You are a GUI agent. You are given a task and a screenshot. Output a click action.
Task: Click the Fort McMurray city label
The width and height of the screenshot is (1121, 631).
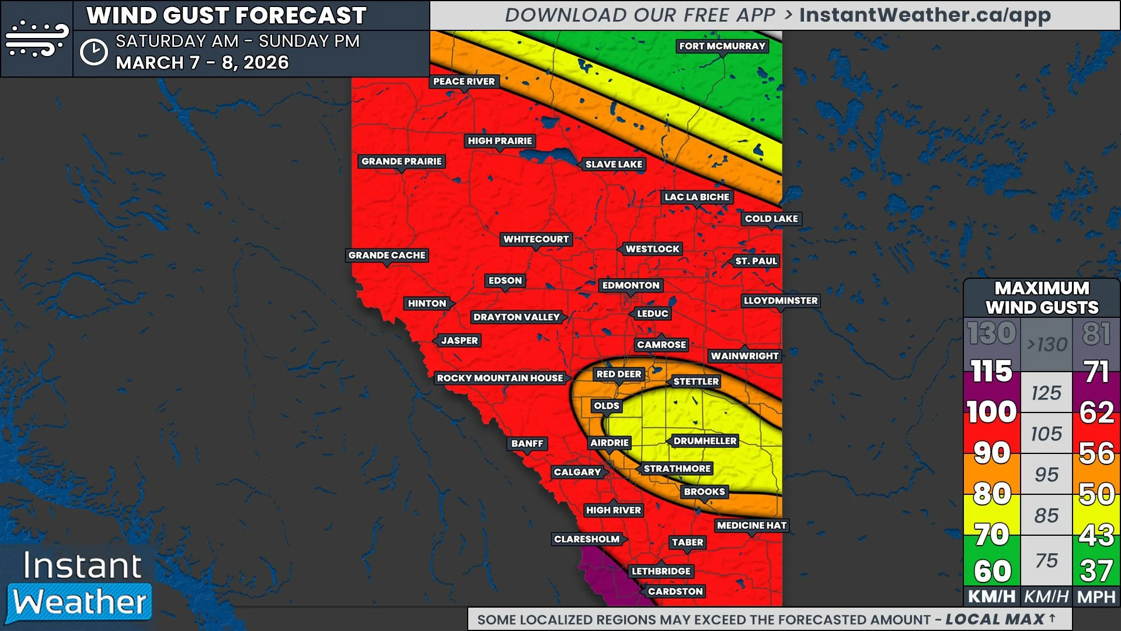(x=722, y=46)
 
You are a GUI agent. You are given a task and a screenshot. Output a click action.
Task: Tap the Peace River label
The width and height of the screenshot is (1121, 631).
(x=464, y=82)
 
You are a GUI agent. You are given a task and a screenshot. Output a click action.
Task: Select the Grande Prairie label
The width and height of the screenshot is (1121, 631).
(x=401, y=161)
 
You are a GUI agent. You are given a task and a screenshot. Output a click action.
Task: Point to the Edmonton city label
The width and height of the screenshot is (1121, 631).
(x=631, y=286)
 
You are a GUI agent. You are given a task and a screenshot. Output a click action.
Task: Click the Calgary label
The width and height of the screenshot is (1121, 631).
(x=577, y=472)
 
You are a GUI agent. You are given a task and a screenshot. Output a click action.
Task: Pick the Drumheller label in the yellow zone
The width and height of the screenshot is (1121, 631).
(x=705, y=441)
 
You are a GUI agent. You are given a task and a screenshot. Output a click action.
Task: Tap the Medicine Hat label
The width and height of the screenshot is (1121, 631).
(x=751, y=526)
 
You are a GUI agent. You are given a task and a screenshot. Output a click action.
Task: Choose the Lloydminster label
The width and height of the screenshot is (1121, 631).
(x=780, y=301)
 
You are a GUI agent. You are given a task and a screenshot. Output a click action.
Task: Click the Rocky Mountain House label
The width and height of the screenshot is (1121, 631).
(x=500, y=379)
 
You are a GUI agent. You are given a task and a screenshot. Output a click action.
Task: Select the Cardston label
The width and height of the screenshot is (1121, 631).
(x=675, y=591)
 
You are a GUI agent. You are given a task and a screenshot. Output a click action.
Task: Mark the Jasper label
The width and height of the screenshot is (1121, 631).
(x=459, y=341)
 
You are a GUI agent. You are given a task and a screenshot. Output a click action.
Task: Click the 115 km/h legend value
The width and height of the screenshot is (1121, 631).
(x=991, y=372)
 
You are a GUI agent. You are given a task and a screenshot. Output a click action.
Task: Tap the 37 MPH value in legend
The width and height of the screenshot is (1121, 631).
(x=1096, y=571)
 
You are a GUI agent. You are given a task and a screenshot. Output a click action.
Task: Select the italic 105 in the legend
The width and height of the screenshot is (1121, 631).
(x=1046, y=434)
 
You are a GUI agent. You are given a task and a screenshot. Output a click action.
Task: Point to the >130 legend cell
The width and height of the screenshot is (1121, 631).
(x=1046, y=345)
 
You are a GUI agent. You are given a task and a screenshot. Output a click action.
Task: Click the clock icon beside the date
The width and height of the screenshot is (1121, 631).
(x=93, y=53)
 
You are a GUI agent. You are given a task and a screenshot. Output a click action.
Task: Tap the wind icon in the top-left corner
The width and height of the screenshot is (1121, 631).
(x=36, y=39)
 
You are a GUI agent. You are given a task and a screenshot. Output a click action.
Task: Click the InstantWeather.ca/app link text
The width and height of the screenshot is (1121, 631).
(x=924, y=15)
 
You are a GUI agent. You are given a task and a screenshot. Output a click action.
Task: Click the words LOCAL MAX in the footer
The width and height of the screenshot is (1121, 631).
(x=994, y=619)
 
